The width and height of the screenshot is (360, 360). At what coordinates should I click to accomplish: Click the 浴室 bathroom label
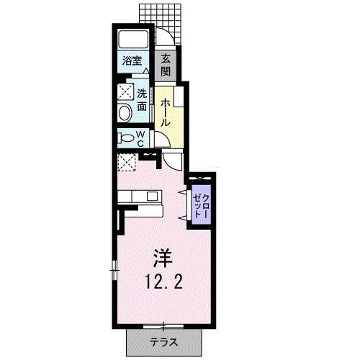pos(132,60)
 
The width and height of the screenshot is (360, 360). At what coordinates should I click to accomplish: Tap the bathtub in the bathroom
pos(133,39)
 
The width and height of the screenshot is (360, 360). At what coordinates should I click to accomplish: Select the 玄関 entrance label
pos(166,65)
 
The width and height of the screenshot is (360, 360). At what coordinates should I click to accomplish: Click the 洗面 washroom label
pos(142,100)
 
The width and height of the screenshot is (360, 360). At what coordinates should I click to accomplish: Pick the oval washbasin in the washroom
pos(125,112)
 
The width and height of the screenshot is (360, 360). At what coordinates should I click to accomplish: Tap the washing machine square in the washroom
pos(125,91)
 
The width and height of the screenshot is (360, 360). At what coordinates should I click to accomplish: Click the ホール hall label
pos(166,113)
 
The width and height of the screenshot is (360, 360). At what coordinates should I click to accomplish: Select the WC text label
pos(140,139)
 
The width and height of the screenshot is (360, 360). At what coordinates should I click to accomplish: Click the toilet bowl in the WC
pos(127,138)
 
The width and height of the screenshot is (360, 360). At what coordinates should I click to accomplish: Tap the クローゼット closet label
pos(202,205)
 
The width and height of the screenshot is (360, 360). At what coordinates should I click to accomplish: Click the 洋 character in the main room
pos(163,258)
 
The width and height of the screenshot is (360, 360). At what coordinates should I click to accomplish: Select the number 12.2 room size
pos(163,282)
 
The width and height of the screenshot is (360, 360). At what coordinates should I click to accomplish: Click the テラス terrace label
pos(164,342)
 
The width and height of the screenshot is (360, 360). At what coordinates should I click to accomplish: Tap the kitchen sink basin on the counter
pos(152,197)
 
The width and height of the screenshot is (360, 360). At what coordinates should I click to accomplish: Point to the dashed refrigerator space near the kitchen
pos(127,162)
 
